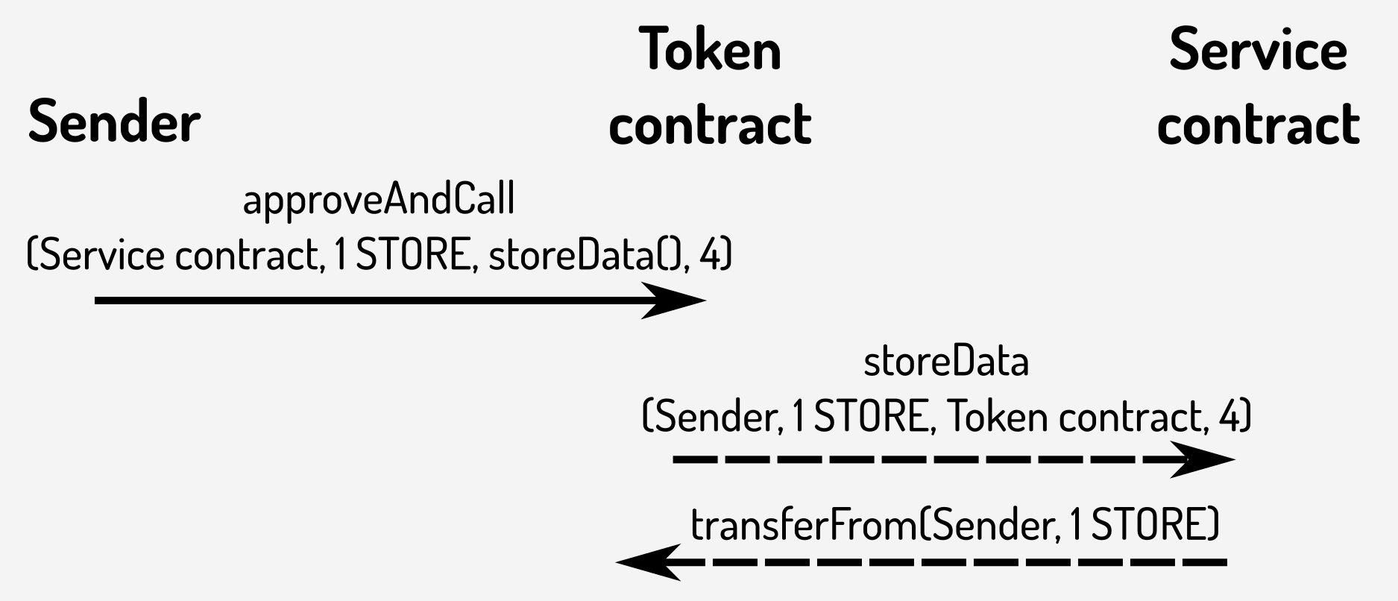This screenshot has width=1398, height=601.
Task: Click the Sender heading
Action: (114, 122)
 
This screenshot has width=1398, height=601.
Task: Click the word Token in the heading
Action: (710, 49)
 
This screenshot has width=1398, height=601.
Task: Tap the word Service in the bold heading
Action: (1258, 49)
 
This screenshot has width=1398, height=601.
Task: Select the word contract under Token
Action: (710, 124)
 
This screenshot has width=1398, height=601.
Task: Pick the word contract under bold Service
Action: (1258, 124)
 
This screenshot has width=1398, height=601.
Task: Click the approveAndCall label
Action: (379, 201)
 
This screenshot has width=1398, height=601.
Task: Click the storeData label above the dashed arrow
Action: (946, 362)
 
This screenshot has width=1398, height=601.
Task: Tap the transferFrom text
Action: (804, 524)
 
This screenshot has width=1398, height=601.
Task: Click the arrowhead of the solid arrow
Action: (675, 300)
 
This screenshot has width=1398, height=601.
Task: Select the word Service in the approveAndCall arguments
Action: (101, 256)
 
